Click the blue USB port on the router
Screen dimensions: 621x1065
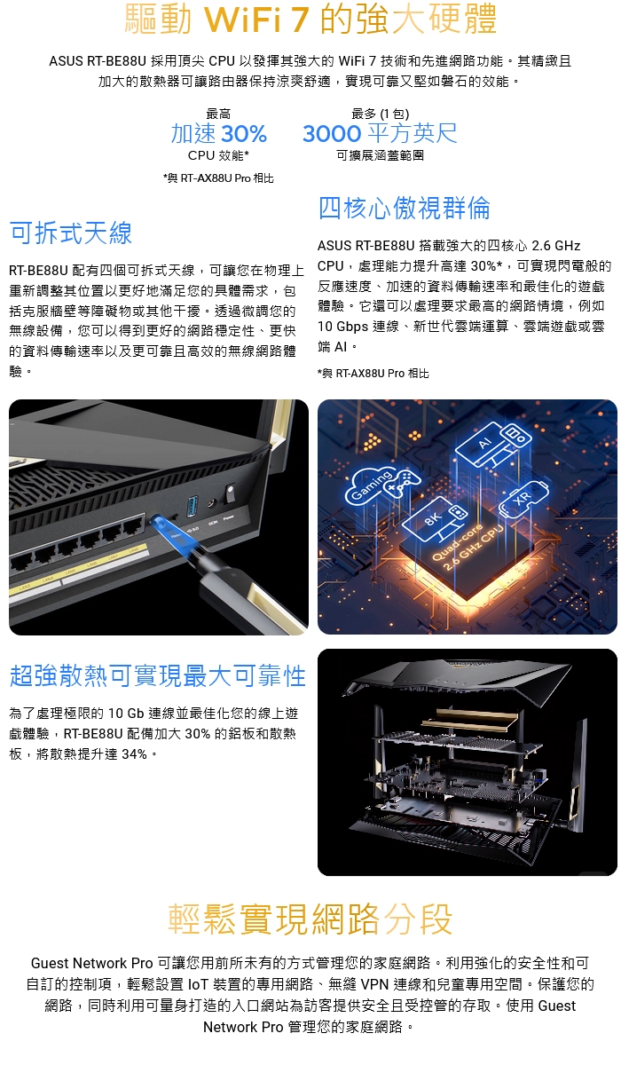click(x=193, y=507)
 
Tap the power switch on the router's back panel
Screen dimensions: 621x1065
click(x=230, y=493)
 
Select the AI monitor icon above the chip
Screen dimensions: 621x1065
click(x=492, y=445)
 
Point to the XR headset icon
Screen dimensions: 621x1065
click(x=524, y=499)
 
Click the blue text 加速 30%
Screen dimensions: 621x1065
click(x=218, y=134)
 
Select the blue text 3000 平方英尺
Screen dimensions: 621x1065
click(x=380, y=133)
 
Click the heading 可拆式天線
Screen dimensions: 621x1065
click(x=71, y=233)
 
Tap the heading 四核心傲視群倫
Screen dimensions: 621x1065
click(x=404, y=209)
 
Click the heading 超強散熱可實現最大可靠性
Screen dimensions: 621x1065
click(x=158, y=675)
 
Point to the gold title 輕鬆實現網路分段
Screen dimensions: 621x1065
click(x=310, y=919)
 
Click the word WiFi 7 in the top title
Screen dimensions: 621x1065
click(x=256, y=20)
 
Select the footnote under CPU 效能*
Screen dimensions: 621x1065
click(x=218, y=178)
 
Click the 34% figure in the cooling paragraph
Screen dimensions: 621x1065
click(x=135, y=754)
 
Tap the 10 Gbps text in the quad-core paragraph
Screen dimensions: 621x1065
click(x=343, y=327)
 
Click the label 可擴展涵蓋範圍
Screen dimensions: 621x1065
click(x=380, y=155)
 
